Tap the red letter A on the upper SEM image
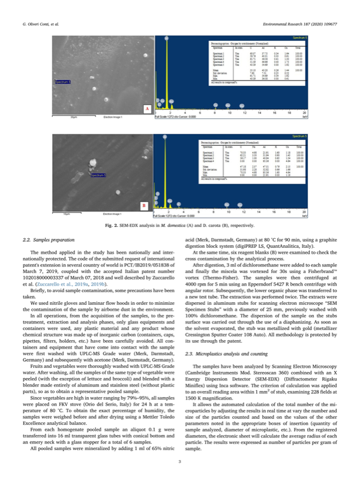point(146,109)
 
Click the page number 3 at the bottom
point(180,461)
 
